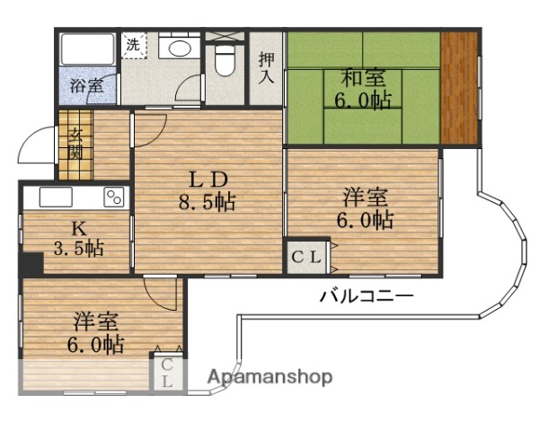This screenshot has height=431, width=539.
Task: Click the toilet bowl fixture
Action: tap(225, 60)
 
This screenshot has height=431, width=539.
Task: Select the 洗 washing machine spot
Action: tap(133, 45)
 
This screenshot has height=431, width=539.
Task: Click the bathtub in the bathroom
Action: tap(87, 48)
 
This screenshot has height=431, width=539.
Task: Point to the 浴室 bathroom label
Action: tap(87, 85)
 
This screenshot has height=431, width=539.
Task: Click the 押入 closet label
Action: tap(266, 68)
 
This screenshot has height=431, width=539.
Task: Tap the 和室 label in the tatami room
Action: tap(363, 78)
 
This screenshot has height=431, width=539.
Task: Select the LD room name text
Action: tap(208, 180)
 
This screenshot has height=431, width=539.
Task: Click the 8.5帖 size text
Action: tap(207, 202)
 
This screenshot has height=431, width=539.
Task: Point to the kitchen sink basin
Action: tap(56, 198)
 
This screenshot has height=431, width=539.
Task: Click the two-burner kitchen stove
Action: tap(114, 198)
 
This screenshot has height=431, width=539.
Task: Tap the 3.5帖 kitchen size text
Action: tap(79, 248)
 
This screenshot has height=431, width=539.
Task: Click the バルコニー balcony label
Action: tap(367, 296)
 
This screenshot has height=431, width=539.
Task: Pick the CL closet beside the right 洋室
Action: tap(306, 257)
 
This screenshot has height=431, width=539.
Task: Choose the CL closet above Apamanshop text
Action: tap(167, 373)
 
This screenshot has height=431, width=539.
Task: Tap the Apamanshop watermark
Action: tap(269, 377)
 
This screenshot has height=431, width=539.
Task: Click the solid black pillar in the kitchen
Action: tap(31, 264)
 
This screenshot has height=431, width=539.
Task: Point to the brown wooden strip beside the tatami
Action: tap(459, 88)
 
